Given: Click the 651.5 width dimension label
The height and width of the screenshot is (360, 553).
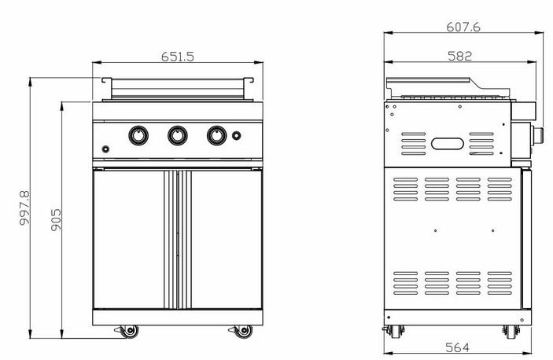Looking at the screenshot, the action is coord(178,57).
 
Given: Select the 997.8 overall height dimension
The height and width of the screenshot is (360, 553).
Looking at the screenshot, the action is coord(24,208).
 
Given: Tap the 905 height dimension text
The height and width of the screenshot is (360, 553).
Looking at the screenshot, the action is coord(56,220).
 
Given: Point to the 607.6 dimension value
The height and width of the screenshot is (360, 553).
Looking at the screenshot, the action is coord(463,27).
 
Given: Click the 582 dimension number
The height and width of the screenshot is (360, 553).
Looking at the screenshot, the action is coord(459,56).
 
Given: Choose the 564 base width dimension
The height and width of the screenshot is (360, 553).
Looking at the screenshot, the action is coord(457,347).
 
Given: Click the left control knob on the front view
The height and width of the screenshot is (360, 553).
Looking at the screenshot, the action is coord(138,135).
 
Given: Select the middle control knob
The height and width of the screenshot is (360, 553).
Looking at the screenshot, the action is coord(178,135).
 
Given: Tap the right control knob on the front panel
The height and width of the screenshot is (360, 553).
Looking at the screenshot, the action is coord(216,135).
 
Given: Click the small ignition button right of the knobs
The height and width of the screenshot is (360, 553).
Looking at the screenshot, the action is coord(237,135).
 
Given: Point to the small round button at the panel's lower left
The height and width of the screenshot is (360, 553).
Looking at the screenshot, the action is coord(105,149).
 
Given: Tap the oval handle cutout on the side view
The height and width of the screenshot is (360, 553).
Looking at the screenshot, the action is coord(448,144).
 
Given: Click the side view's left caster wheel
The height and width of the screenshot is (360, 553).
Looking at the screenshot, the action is coord(395,331).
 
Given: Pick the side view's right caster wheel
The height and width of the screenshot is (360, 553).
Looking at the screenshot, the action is coord(511,332).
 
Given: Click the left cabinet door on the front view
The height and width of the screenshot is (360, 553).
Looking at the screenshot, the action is coord(128,240).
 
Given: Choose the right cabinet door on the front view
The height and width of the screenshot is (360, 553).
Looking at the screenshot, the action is coord(227,240).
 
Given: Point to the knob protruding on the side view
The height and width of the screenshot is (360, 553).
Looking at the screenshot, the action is coord(537,136).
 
